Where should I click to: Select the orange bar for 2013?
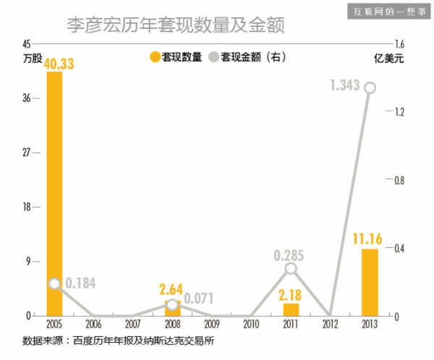coord(370,282)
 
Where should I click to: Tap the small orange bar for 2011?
coord(291,309)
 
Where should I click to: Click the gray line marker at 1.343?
coord(370,87)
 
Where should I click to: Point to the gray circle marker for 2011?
coord(291,268)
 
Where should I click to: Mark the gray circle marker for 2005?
coord(54,284)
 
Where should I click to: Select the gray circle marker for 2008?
coord(172,304)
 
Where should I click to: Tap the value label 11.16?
coord(367,238)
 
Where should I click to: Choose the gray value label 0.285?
coord(289,254)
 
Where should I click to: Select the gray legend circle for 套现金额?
coord(213,56)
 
